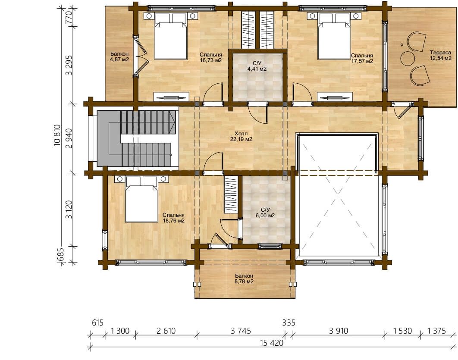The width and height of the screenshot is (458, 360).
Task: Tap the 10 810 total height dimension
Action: tap(57, 135)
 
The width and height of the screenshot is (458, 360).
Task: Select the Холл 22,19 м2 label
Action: tap(241, 136)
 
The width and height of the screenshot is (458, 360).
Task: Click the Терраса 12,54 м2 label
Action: tap(440, 55)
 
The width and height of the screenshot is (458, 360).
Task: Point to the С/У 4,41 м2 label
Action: tap(257, 66)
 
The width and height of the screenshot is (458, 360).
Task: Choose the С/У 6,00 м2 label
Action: tap(265, 213)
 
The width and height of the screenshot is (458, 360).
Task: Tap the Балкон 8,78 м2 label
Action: tap(244, 279)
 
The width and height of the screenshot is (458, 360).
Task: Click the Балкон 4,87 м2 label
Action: tap(119, 56)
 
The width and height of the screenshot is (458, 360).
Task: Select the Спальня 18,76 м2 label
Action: tap(173, 218)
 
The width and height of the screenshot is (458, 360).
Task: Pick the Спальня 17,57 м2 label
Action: tap(362, 58)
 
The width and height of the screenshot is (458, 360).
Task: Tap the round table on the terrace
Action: tap(408, 58)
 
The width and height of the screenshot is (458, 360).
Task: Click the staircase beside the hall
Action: tap(138, 138)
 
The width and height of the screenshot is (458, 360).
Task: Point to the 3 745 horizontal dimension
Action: tap(241, 331)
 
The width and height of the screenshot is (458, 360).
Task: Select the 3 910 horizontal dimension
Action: tap(339, 331)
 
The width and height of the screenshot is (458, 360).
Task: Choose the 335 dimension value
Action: tap(289, 323)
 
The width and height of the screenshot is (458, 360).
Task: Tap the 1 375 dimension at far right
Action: tap(436, 331)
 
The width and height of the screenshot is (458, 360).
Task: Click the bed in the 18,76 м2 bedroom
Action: tap(141, 199)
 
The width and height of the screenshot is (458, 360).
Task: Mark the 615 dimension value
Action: tap(98, 323)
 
